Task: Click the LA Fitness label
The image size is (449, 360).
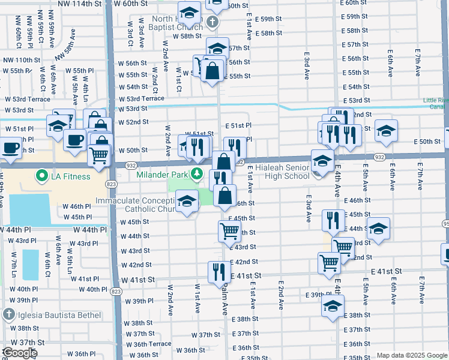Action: point(70,176)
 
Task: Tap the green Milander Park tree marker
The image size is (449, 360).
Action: point(196,174)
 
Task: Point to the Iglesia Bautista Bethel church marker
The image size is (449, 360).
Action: point(8,314)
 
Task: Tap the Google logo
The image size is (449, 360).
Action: point(20,353)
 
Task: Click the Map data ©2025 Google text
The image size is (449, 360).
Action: point(412,355)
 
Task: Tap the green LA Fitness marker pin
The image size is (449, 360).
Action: point(41,176)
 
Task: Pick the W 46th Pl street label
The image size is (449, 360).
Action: point(76,206)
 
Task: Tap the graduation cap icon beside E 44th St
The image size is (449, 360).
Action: point(378,228)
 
